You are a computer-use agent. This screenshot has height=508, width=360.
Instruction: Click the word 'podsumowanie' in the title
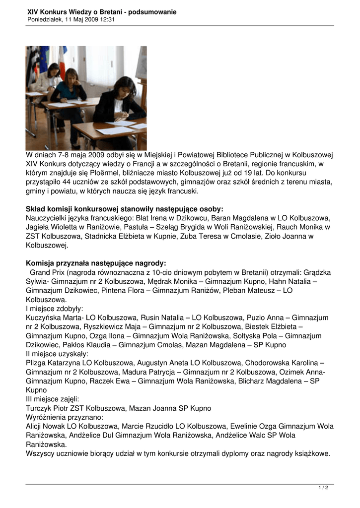point(152,12)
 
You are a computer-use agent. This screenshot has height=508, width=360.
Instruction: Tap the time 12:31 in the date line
point(107,19)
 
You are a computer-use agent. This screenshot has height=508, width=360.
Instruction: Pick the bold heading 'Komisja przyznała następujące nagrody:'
point(96,263)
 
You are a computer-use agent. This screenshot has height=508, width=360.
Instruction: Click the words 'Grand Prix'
point(46,272)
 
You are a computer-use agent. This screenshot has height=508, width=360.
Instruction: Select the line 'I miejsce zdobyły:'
point(55,309)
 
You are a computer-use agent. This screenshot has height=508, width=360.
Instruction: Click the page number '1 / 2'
point(323,488)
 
